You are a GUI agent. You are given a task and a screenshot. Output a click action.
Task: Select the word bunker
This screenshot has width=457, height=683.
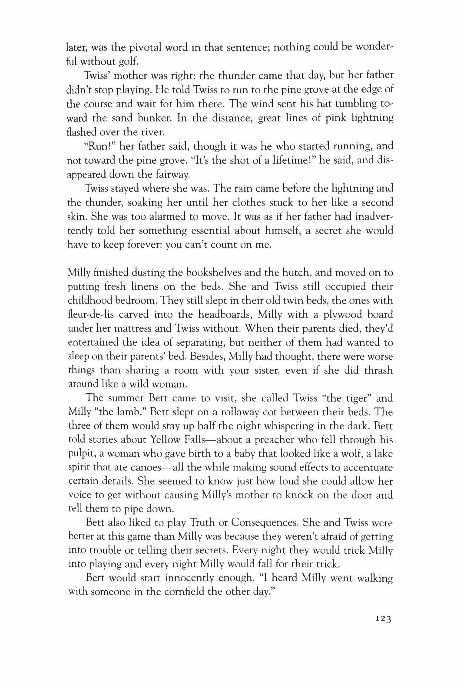[x=149, y=118]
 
